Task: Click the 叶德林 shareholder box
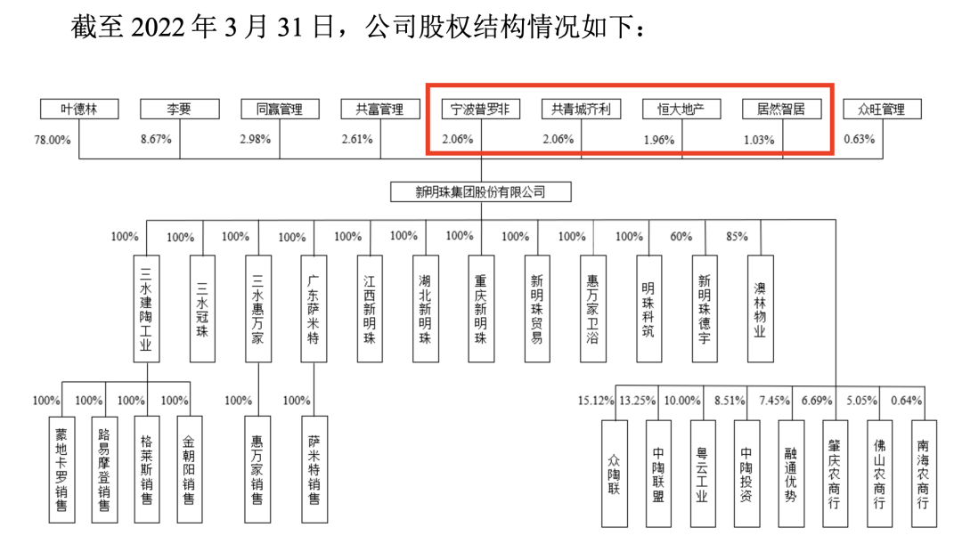click(78, 110)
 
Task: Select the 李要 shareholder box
click(179, 110)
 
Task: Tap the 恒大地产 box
click(681, 110)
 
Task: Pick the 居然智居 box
click(780, 110)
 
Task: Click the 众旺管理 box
click(881, 110)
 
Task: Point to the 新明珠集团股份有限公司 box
click(481, 191)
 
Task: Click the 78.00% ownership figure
click(52, 140)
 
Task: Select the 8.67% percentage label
click(157, 140)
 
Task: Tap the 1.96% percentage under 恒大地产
click(660, 140)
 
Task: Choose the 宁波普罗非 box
click(480, 110)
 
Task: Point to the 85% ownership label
click(737, 237)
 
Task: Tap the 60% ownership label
click(681, 237)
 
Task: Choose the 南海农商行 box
click(924, 471)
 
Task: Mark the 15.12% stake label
click(596, 401)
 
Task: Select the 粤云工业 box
click(701, 471)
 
